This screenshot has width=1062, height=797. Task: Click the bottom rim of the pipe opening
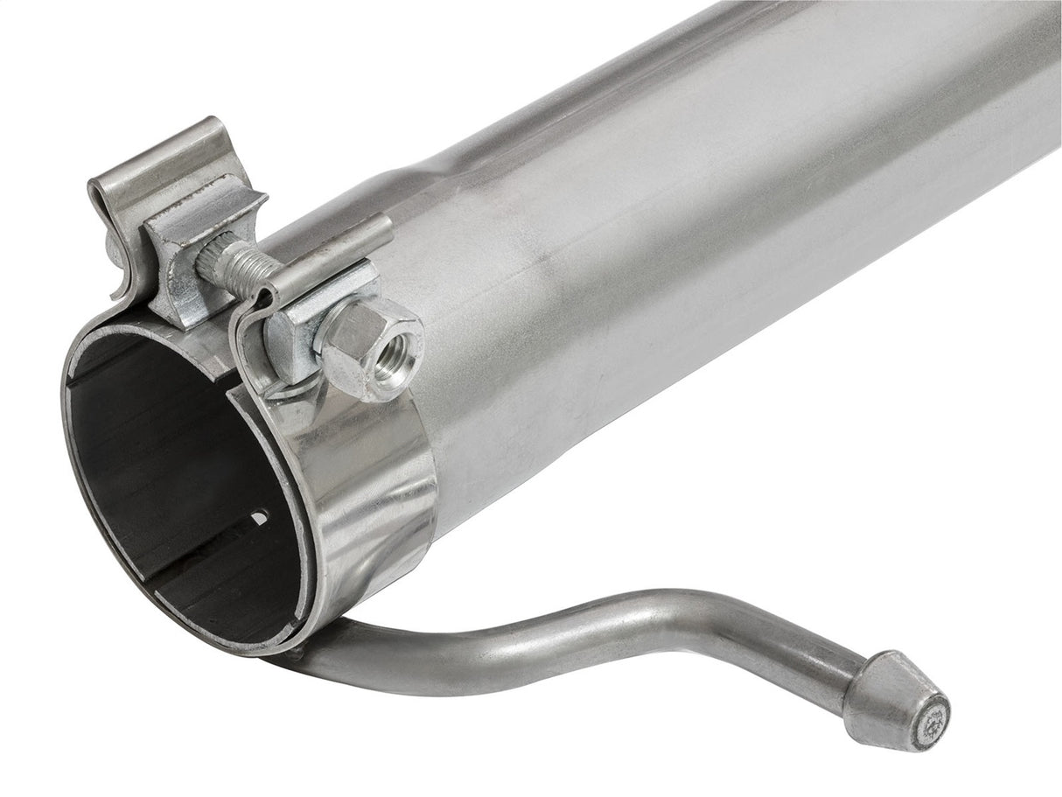[227, 647]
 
